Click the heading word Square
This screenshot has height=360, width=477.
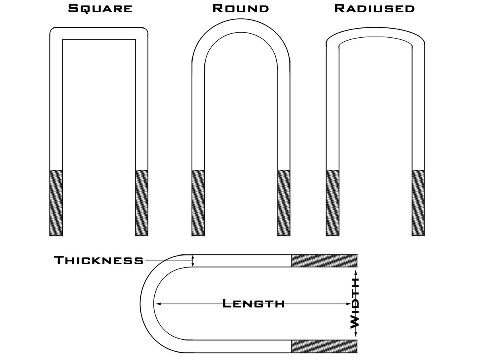click(100, 8)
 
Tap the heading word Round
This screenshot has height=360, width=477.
click(241, 8)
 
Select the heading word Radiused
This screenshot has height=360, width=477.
click(374, 8)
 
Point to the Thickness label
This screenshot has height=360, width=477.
click(99, 261)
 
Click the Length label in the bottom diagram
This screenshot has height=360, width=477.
click(254, 304)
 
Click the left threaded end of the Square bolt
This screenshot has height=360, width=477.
click(56, 203)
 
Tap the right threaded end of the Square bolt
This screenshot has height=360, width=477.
click(142, 203)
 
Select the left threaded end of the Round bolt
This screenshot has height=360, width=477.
click(198, 203)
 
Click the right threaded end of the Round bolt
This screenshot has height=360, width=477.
click(284, 203)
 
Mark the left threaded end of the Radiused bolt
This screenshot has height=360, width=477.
click(333, 203)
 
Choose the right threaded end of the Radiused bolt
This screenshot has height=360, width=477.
click(418, 203)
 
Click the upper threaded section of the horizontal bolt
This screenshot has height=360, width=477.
click(324, 261)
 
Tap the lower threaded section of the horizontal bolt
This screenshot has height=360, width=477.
click(324, 346)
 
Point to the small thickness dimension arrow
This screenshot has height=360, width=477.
click(193, 261)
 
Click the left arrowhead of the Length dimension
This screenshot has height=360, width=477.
click(158, 304)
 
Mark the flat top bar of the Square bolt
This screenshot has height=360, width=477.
click(99, 33)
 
